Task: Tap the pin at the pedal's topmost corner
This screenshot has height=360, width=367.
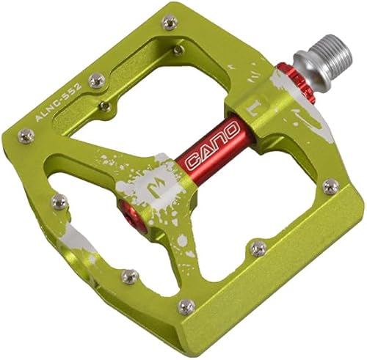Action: click(170, 23)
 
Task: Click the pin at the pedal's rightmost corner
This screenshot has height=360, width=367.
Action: click(332, 186)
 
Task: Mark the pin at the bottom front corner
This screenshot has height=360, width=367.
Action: click(186, 306)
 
